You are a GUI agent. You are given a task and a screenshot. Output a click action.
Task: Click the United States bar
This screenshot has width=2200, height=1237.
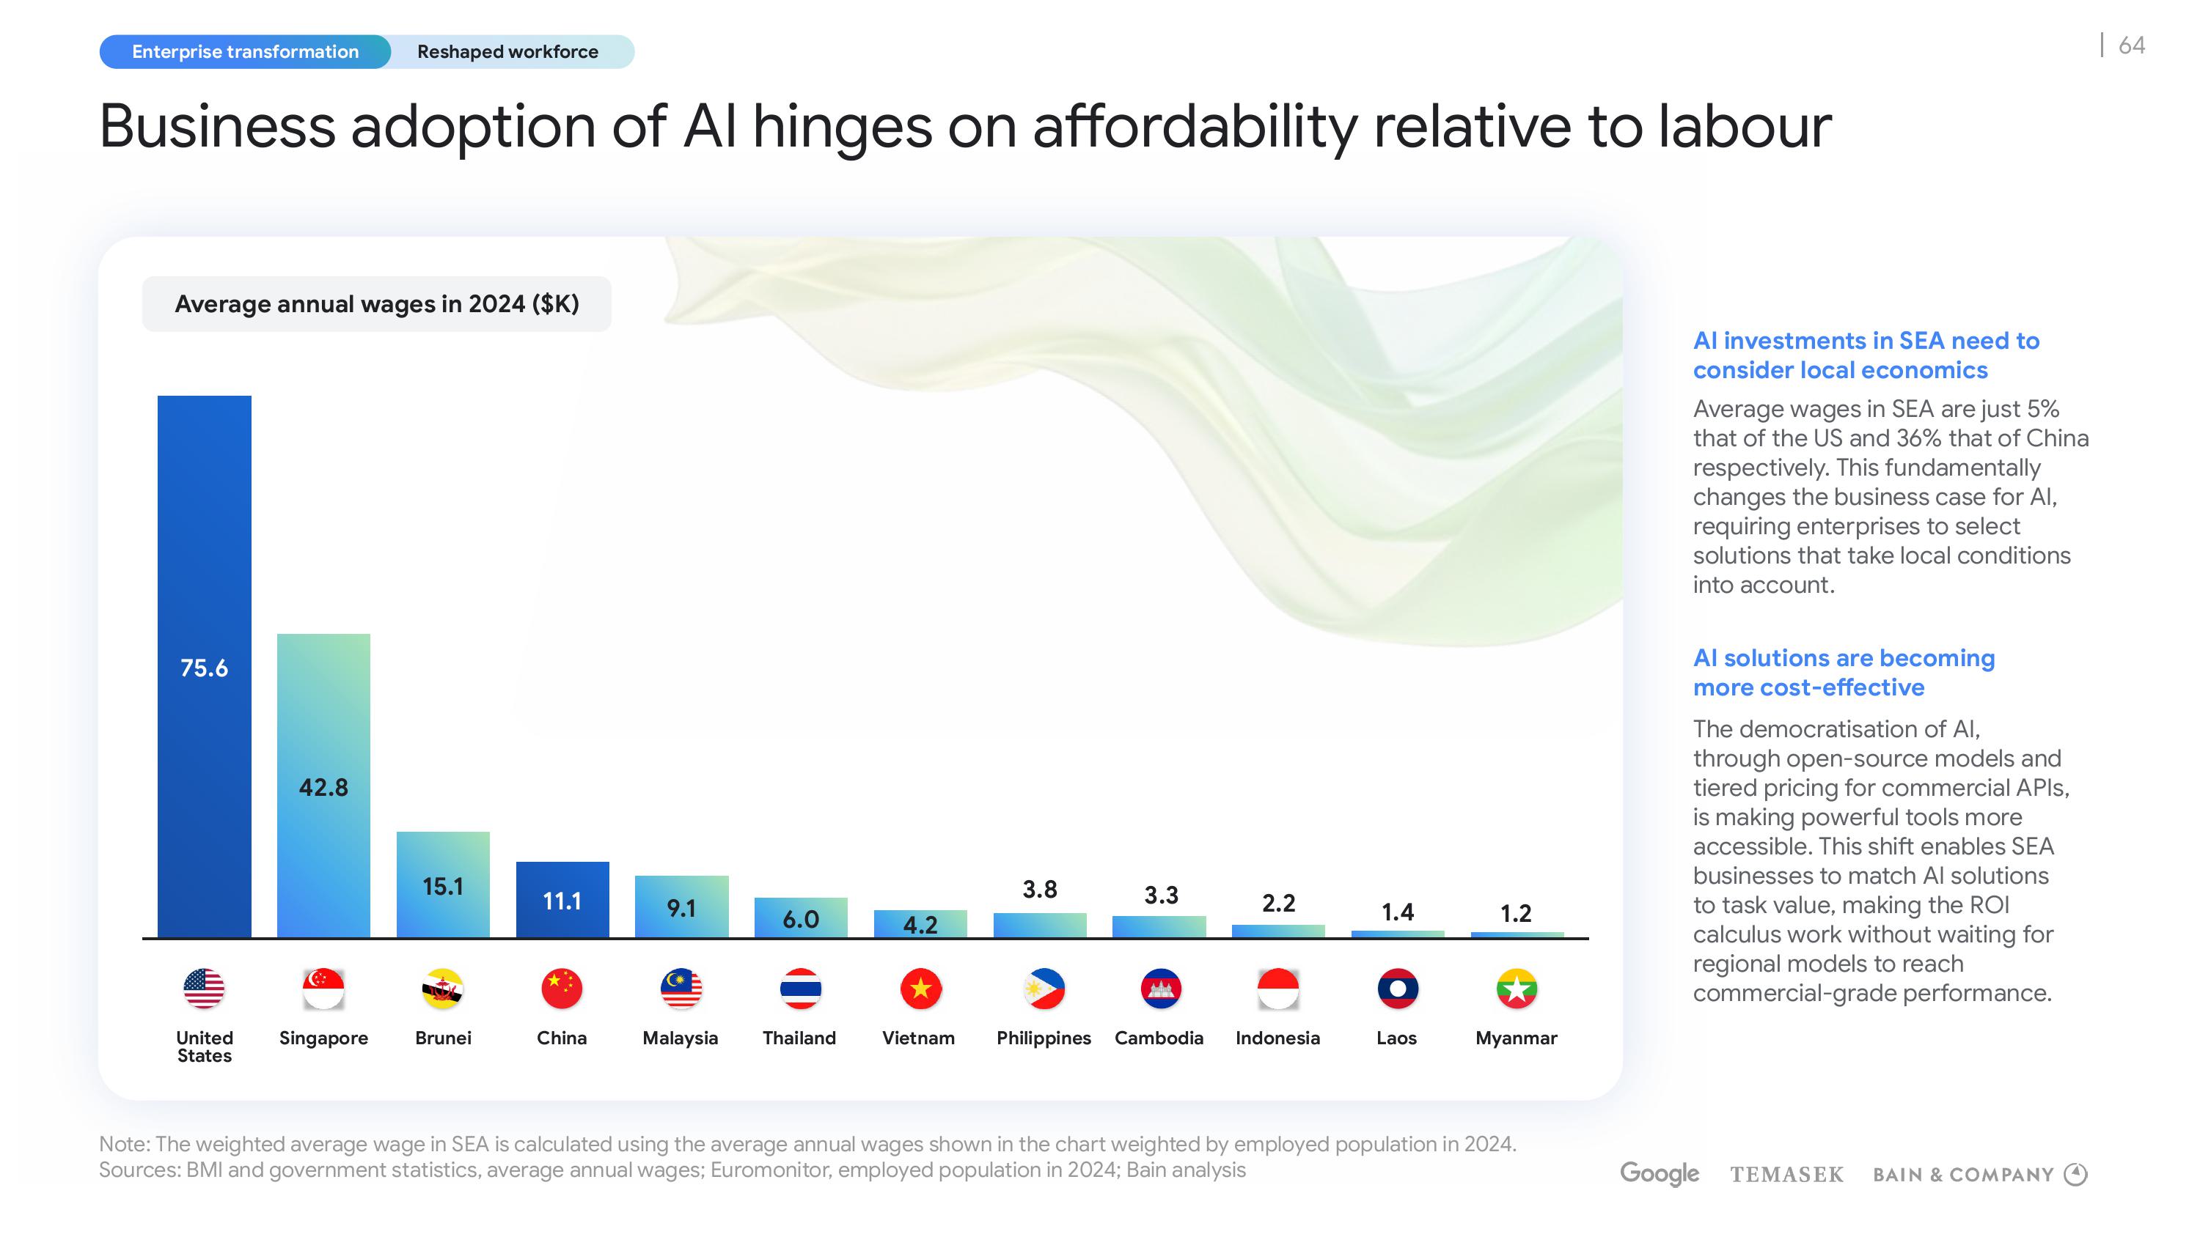pos(204,666)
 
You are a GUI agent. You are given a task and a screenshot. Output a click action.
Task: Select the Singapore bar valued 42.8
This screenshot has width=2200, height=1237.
pos(323,786)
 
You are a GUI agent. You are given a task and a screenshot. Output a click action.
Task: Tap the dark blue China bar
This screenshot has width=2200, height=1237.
pos(562,900)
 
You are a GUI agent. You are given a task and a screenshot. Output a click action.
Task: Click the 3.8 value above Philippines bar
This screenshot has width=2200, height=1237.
pos(1039,890)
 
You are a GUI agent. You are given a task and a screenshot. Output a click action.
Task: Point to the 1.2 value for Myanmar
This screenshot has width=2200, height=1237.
pos(1516,913)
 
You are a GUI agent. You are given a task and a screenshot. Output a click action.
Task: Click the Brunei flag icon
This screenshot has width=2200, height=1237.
pos(442,989)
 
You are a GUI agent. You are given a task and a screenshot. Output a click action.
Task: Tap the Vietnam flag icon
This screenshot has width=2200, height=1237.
pos(920,989)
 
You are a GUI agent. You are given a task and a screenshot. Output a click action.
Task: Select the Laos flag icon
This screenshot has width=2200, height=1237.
pos(1397,989)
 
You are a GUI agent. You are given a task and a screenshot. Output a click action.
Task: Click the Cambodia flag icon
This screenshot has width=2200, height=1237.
pos(1160,989)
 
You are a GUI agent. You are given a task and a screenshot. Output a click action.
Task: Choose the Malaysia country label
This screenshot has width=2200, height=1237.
pos(680,1038)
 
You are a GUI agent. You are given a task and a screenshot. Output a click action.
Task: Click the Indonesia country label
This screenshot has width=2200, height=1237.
pos(1277,1038)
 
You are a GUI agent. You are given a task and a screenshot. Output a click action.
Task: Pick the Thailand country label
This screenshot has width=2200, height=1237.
pos(799,1038)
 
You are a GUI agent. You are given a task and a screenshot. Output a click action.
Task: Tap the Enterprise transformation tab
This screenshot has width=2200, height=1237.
pos(245,52)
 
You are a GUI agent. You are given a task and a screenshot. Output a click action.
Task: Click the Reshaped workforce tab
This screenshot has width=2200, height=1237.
pos(507,52)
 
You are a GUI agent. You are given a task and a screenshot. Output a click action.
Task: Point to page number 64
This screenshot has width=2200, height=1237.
pos(2132,45)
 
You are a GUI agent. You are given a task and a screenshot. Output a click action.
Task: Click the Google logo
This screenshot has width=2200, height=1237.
pos(1659,1174)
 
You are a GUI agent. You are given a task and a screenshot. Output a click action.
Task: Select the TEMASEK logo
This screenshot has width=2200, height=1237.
pos(1786,1175)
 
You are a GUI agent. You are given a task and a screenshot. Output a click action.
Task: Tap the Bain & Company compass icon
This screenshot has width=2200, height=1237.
pos(2075,1174)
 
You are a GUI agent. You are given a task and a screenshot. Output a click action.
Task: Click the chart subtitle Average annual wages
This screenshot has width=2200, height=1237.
pos(377,304)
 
